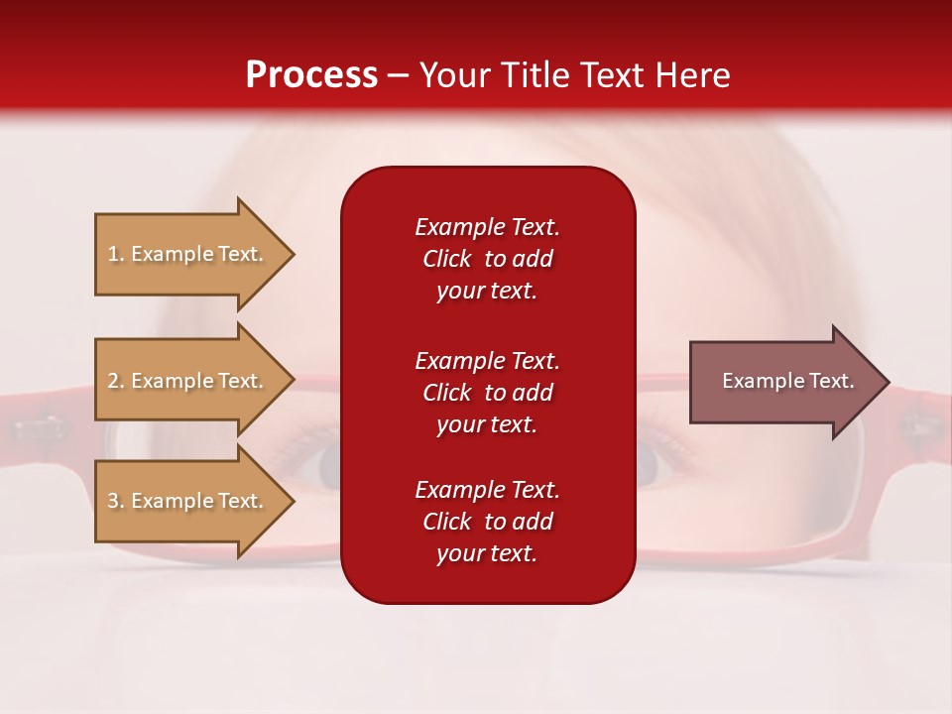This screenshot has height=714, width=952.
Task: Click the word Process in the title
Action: coord(312,74)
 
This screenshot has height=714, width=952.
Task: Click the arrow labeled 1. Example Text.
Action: coord(195,254)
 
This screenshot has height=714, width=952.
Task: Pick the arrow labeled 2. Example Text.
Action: coord(195,380)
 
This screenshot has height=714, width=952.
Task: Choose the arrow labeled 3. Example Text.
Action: coord(195,501)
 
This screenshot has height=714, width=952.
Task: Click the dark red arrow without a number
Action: coord(789,381)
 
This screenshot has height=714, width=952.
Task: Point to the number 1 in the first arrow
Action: coord(113,254)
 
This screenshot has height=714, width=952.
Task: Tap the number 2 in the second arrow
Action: coord(113,381)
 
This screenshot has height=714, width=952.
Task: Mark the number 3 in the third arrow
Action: coord(113,500)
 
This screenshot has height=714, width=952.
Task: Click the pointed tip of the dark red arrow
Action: coord(890,382)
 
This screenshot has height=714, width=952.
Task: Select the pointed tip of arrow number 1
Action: coord(295,255)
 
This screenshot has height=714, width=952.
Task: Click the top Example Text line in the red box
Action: coord(488,227)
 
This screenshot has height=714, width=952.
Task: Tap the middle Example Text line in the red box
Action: coord(488,361)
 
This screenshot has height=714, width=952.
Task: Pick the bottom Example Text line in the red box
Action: coord(488,490)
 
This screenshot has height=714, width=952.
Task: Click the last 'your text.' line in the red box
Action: coord(487,553)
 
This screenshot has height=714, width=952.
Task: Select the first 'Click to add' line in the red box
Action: coord(488,259)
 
